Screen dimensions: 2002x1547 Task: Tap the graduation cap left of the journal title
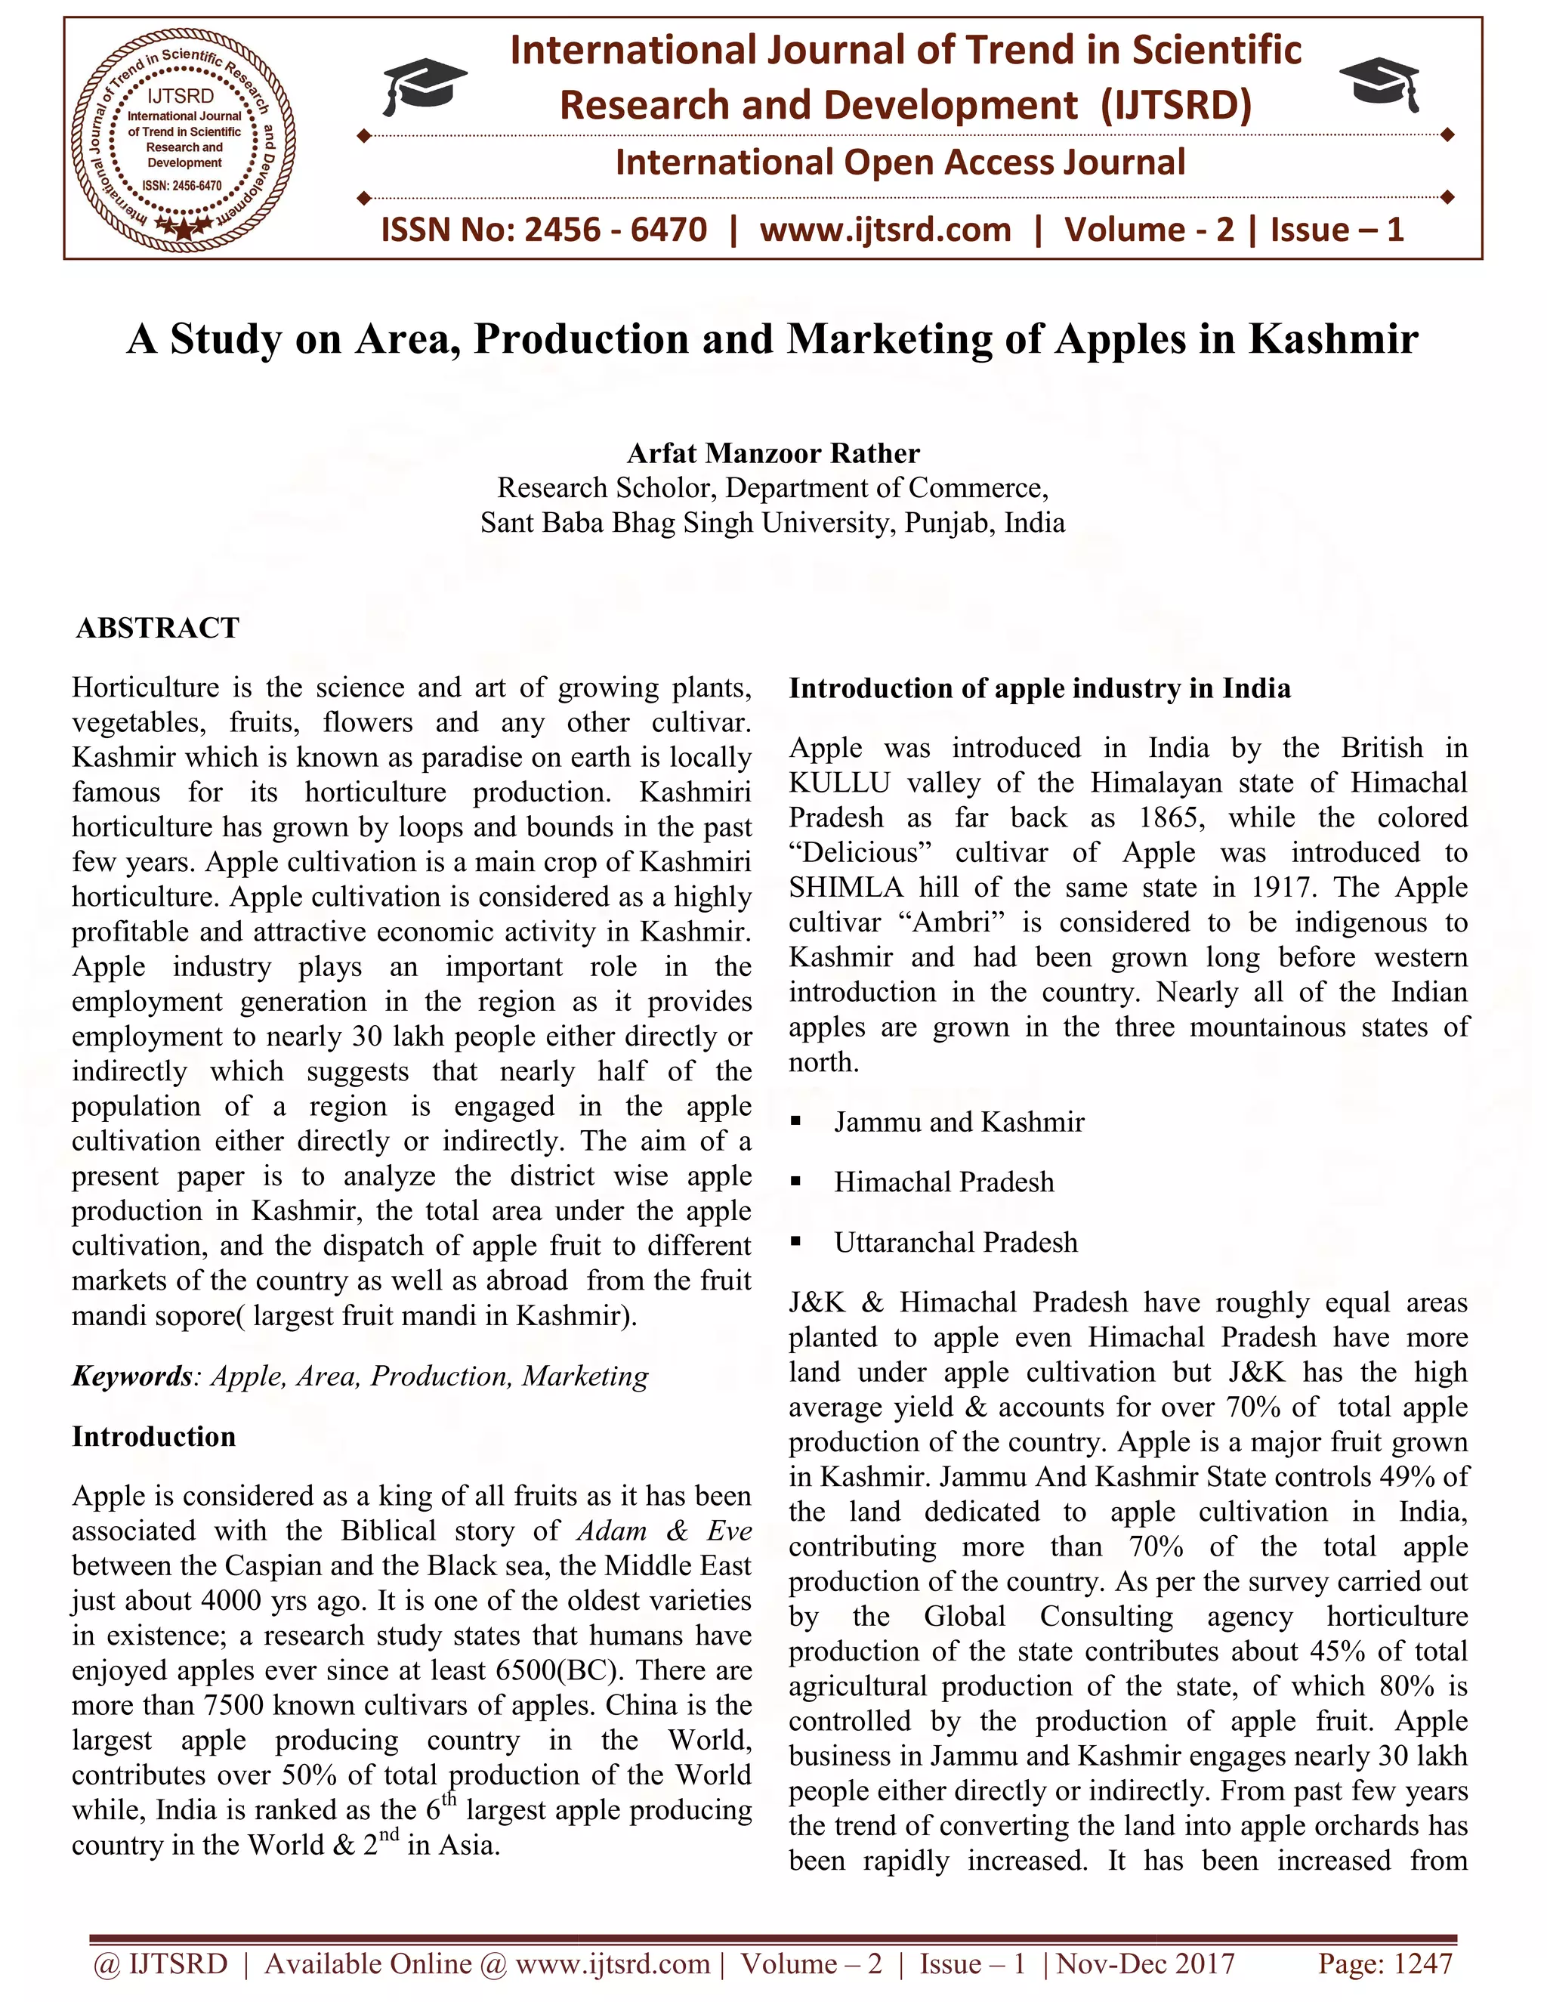424,86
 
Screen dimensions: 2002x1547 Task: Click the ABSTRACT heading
158,628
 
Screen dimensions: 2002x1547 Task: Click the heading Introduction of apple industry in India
1039,688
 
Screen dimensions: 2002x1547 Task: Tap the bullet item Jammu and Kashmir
959,1122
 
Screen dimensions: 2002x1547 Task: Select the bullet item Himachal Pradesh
944,1182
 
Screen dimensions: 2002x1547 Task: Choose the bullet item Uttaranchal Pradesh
956,1243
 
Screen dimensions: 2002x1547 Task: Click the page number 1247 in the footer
1422,1963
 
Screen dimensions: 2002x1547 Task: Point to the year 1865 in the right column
1172,817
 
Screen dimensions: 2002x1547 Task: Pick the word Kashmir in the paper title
1333,339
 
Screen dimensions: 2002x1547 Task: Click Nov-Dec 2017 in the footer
1146,1963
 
